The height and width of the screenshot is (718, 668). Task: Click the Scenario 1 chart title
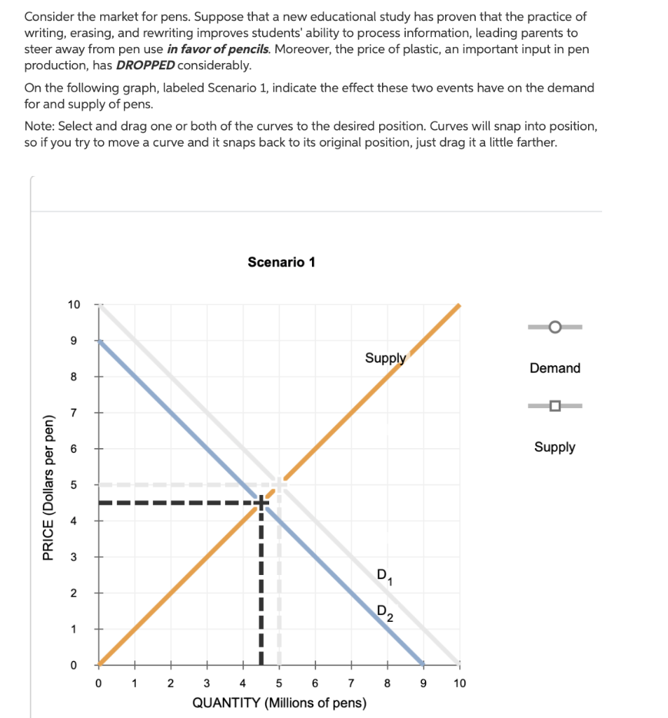coord(281,262)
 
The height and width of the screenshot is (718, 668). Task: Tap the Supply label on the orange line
coord(385,358)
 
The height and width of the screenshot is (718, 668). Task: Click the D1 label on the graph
coord(385,576)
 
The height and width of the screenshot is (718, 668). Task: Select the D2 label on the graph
coord(385,614)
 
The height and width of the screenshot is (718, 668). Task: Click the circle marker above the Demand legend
coord(554,327)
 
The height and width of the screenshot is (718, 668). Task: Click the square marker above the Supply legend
coord(554,406)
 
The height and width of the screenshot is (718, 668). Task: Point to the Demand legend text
coord(554,368)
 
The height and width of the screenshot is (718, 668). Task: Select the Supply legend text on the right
coord(554,447)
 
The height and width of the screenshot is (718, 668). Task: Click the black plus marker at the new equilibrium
coord(261,502)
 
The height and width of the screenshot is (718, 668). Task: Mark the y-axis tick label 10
coord(74,304)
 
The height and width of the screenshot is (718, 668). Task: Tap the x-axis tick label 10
coord(459,682)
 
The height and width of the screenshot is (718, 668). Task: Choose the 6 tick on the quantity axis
coord(315,682)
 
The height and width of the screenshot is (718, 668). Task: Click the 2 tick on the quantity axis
coord(170,682)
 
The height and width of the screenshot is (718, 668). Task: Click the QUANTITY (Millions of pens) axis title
coord(279,702)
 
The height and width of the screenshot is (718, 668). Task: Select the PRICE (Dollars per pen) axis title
coord(48,488)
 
